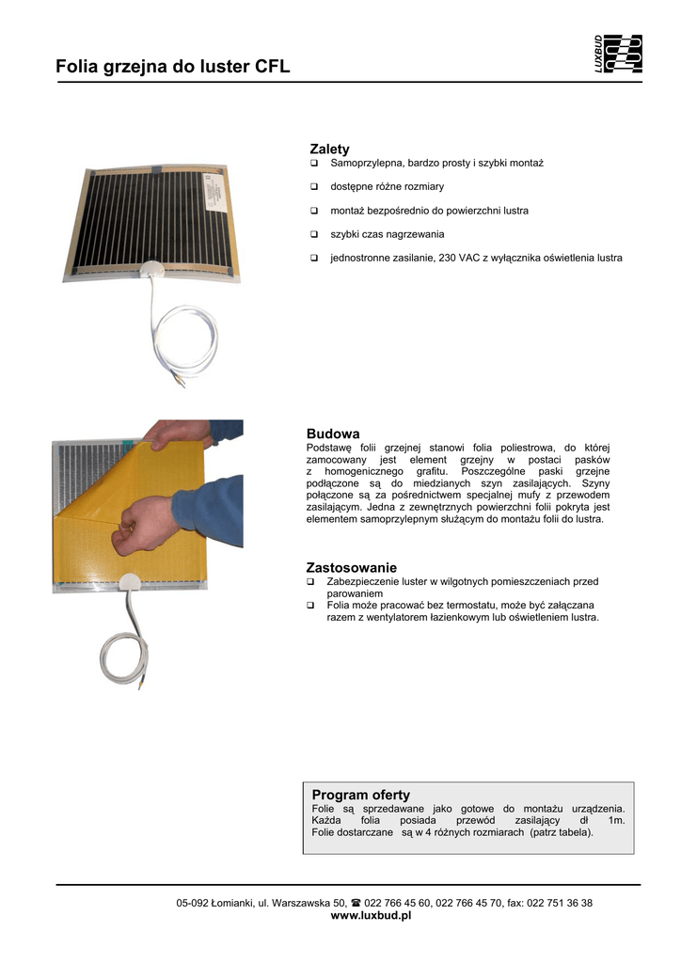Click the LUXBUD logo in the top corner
tap(618, 55)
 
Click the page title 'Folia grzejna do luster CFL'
tap(172, 67)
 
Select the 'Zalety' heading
tap(329, 149)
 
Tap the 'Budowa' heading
tap(333, 434)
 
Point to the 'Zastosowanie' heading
tap(351, 567)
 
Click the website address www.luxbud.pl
tap(372, 915)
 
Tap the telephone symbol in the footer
tap(356, 903)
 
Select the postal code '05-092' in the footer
tap(193, 903)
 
